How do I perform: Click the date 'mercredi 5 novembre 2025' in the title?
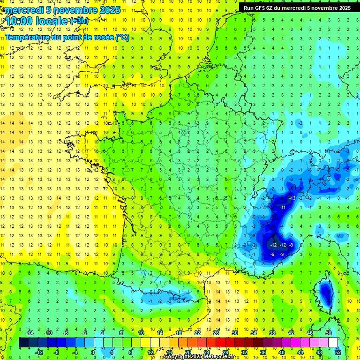pyautogui.click(x=63, y=9)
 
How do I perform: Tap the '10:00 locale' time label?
pyautogui.click(x=37, y=21)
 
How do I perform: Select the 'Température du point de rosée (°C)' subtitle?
pyautogui.click(x=67, y=37)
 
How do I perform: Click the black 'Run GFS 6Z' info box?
pyautogui.click(x=297, y=7)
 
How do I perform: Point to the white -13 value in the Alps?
pyautogui.click(x=292, y=198)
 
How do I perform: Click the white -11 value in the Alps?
pyautogui.click(x=282, y=207)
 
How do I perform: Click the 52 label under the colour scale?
pyautogui.click(x=337, y=352)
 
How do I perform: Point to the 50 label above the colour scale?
pyautogui.click(x=328, y=332)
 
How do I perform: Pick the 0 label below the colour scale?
pyautogui.click(x=93, y=352)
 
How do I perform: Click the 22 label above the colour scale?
pyautogui.click(x=197, y=332)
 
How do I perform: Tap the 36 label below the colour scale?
pyautogui.click(x=262, y=352)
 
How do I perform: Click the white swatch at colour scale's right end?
pyautogui.click(x=333, y=343)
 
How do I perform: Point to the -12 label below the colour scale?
pyautogui.click(x=39, y=352)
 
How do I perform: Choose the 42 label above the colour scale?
pyautogui.click(x=291, y=332)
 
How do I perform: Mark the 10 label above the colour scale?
pyautogui.click(x=141, y=332)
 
